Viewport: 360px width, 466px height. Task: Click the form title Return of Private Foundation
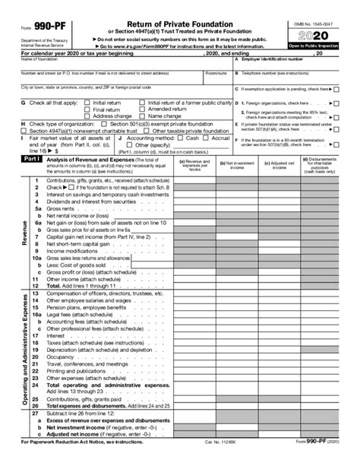(x=179, y=24)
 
